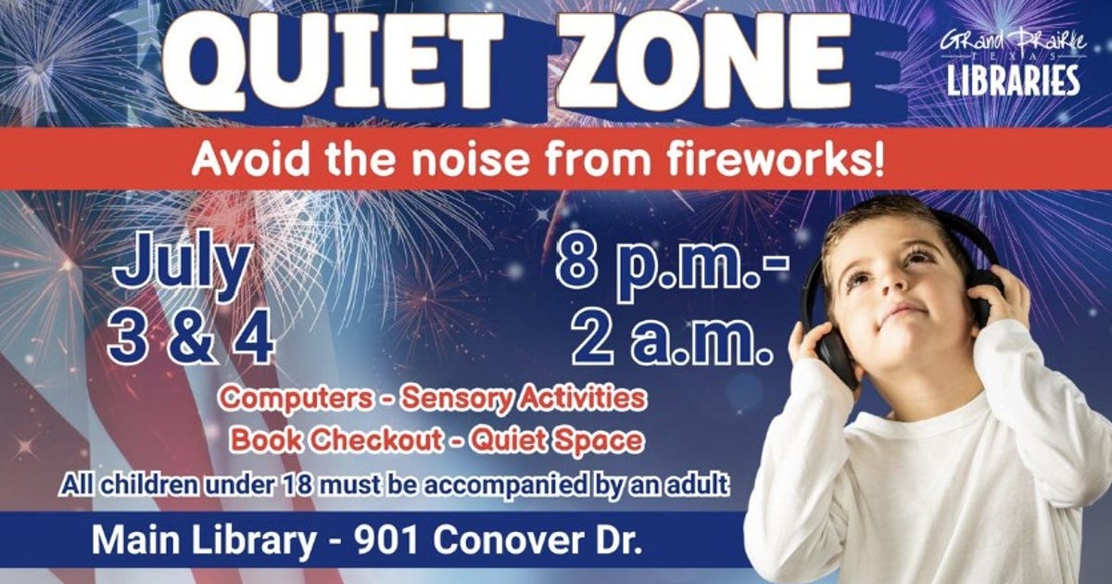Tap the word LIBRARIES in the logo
point(1013,81)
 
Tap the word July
point(182,267)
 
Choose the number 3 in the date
point(131,336)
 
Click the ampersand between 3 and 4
point(189,336)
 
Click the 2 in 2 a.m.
point(594,337)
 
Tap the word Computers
point(297,399)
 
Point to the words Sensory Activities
point(524,399)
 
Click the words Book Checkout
point(336,440)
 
